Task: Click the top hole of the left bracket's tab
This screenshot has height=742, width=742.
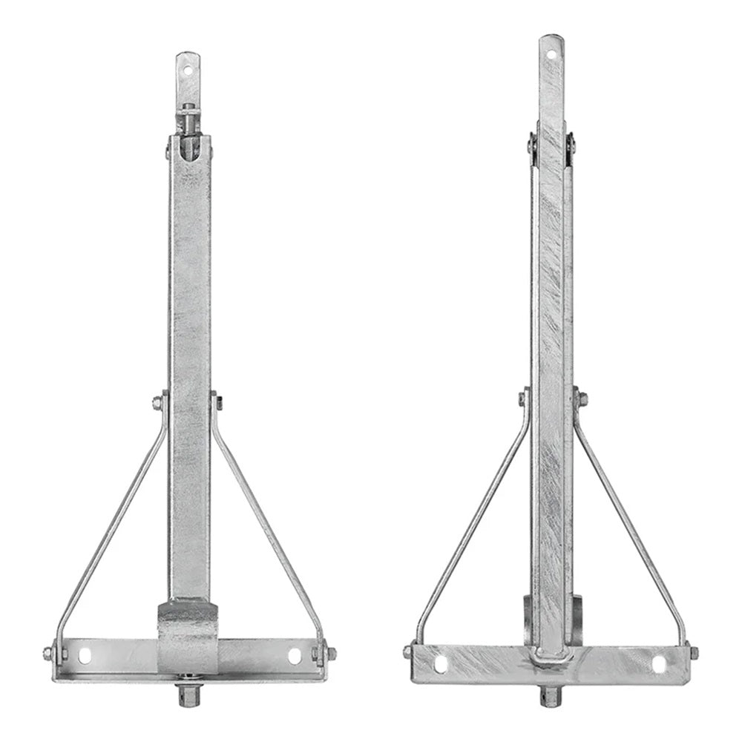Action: click(x=188, y=71)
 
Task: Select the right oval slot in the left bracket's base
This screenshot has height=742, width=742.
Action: click(x=295, y=655)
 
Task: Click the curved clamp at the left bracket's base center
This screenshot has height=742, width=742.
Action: click(x=188, y=631)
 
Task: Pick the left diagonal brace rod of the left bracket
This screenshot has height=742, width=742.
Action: click(x=111, y=527)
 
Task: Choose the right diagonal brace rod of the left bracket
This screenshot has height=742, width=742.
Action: click(x=267, y=527)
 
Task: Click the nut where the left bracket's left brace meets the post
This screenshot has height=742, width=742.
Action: click(x=158, y=403)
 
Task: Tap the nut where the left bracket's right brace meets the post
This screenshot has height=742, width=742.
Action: click(x=217, y=403)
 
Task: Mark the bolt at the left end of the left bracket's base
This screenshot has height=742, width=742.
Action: click(x=48, y=654)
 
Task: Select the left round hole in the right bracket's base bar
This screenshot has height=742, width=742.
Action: click(x=441, y=663)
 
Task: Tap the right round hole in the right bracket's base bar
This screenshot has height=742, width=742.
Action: click(x=659, y=663)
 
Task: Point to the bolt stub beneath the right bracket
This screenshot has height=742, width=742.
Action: click(x=550, y=695)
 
